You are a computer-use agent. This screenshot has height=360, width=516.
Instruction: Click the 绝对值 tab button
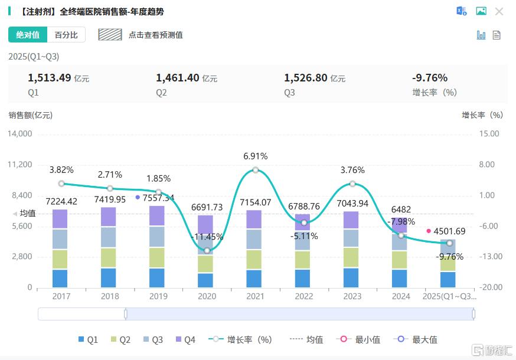click(x=28, y=35)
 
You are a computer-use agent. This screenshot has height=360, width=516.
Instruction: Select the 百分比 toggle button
click(x=66, y=35)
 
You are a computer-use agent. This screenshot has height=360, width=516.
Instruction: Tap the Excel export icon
click(x=461, y=11)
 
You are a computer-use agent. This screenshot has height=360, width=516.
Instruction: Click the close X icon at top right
click(x=499, y=11)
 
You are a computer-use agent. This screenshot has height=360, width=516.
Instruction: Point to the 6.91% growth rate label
click(x=255, y=156)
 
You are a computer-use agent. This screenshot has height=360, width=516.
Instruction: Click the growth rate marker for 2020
click(x=207, y=250)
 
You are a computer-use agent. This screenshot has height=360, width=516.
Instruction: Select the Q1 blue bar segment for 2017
click(x=60, y=278)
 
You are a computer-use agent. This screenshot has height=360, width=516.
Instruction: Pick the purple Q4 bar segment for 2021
click(x=254, y=220)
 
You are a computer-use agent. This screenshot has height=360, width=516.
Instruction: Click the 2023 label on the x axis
click(x=352, y=296)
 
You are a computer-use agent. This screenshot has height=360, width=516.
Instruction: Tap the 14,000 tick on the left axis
click(x=19, y=134)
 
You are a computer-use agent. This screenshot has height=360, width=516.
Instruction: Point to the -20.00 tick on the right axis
click(x=489, y=287)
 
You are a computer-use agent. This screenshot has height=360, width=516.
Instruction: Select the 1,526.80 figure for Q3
click(x=305, y=78)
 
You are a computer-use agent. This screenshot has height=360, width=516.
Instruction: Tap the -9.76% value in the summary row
click(x=429, y=78)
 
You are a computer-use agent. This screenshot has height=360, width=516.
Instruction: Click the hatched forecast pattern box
click(x=110, y=35)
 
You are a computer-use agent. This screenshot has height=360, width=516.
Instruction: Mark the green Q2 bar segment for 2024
click(x=400, y=260)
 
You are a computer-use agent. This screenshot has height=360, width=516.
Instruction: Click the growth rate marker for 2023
click(x=352, y=184)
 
